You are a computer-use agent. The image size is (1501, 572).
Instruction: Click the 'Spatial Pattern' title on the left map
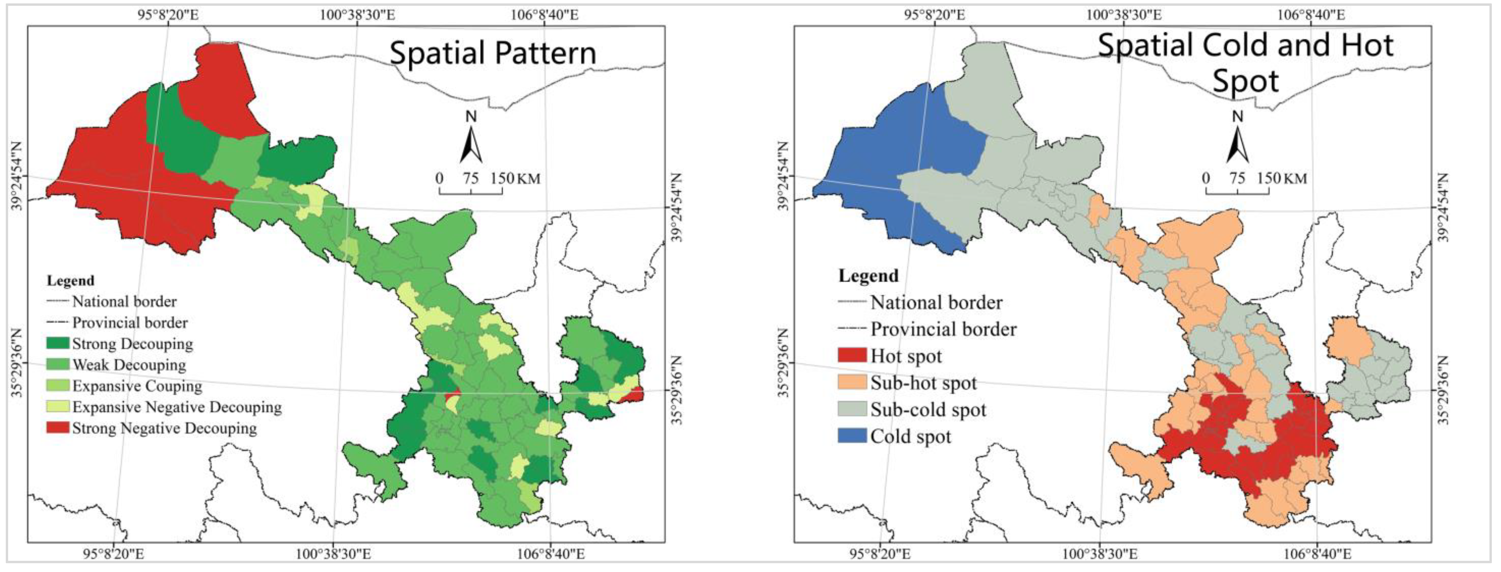(x=493, y=53)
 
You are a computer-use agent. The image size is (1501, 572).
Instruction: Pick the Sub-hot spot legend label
(x=924, y=383)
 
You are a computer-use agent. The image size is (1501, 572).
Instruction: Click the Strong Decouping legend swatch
(x=58, y=343)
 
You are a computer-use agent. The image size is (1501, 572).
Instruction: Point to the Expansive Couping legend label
(x=137, y=386)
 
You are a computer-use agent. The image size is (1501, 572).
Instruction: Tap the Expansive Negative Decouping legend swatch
(x=58, y=407)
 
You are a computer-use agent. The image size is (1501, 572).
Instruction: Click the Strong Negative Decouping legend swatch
(x=58, y=428)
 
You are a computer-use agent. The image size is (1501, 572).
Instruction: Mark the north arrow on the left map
(x=471, y=140)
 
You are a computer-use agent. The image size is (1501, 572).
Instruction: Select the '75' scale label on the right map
(x=1237, y=178)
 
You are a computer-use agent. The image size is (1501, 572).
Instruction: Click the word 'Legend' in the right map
(x=868, y=276)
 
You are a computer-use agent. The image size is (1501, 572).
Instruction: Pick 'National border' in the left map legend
(x=124, y=301)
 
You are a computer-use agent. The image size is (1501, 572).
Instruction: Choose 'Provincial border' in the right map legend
(x=943, y=329)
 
